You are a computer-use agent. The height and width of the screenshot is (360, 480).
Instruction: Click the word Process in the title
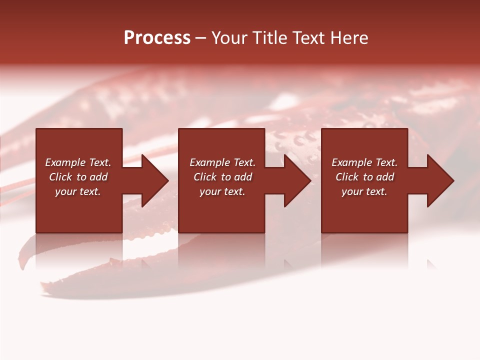(157, 38)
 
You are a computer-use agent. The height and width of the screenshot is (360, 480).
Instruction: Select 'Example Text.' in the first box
(78, 162)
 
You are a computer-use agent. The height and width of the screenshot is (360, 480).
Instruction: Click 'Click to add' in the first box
(78, 177)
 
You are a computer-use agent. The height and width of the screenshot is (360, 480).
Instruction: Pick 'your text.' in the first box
(78, 191)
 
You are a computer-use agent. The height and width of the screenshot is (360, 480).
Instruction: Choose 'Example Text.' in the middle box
(222, 162)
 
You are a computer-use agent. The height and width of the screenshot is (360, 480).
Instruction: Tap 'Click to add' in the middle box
(222, 177)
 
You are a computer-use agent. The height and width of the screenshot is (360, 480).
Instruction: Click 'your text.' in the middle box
(222, 191)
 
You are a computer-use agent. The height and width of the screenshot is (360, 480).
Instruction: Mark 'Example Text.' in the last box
(364, 162)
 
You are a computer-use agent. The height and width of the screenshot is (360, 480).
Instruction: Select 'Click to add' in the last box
(364, 177)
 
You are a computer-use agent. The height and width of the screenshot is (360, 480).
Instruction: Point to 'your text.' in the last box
(364, 191)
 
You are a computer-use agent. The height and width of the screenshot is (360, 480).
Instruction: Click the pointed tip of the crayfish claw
(43, 287)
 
